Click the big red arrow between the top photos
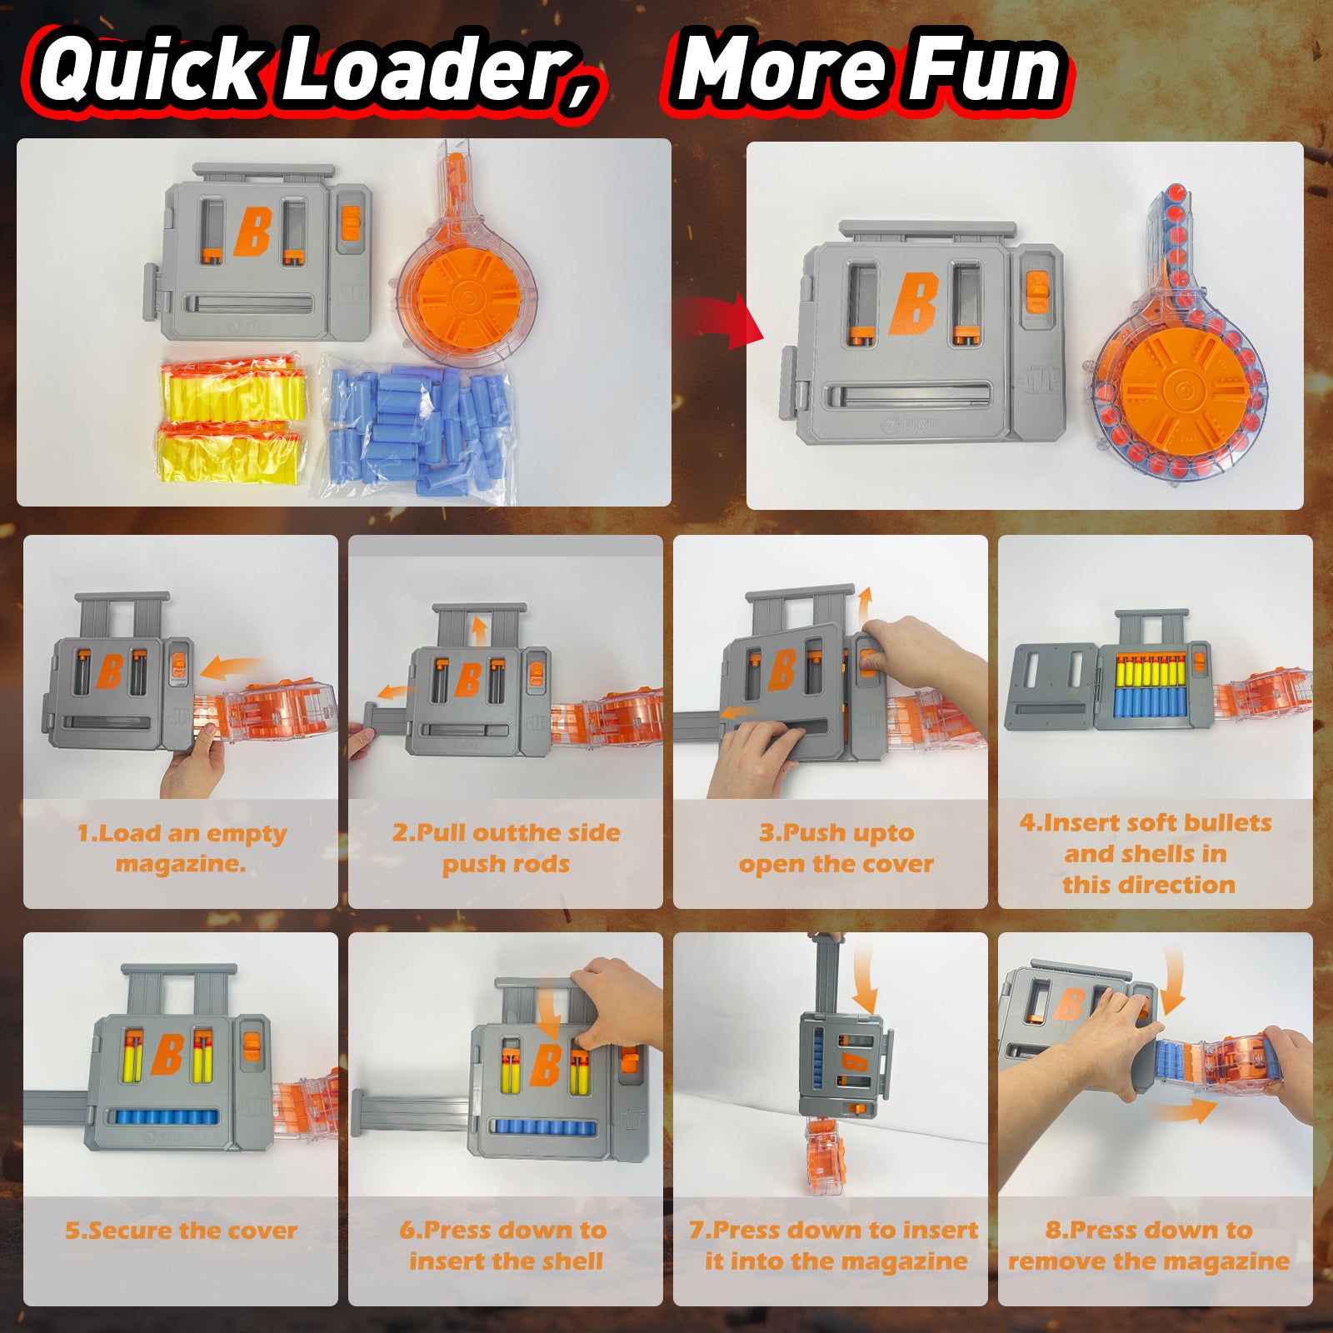point(718,322)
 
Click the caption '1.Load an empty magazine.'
point(181,848)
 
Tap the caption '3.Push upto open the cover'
point(836,848)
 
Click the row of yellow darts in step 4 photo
point(1150,670)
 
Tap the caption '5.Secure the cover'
point(181,1231)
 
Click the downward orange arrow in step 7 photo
point(866,978)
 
